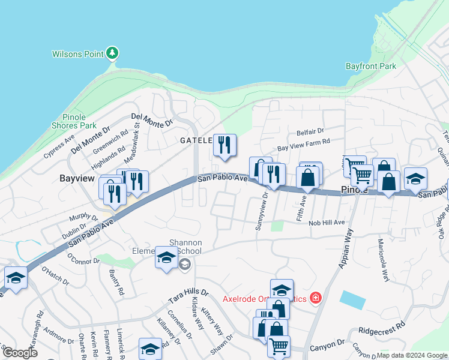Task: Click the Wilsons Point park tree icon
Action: click(x=112, y=54)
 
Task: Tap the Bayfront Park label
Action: click(x=371, y=66)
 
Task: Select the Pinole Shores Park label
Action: click(x=79, y=121)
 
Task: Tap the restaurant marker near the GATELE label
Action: click(x=224, y=146)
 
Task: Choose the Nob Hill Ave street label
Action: click(x=327, y=223)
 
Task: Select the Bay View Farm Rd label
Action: click(x=303, y=144)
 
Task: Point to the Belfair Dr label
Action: click(x=310, y=131)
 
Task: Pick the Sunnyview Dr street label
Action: click(x=262, y=215)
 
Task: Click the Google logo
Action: click(x=20, y=352)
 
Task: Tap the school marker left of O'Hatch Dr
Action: click(x=16, y=278)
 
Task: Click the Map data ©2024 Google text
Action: click(x=411, y=355)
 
